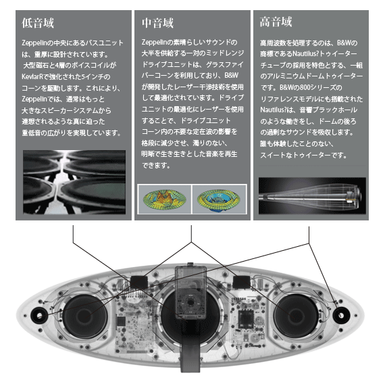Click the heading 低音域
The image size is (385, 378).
click(x=38, y=23)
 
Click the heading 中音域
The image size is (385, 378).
click(x=157, y=23)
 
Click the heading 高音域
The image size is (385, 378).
click(x=276, y=22)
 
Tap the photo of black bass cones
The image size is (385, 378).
click(x=74, y=182)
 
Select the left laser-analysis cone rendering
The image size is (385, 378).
click(x=165, y=199)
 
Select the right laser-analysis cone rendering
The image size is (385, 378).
click(x=220, y=199)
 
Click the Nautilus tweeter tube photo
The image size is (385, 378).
click(x=312, y=195)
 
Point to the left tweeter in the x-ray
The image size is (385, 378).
click(x=39, y=315)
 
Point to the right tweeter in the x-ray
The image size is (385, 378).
click(x=341, y=315)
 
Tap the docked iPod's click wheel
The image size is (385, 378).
click(x=190, y=302)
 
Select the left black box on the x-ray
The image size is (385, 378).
click(x=139, y=282)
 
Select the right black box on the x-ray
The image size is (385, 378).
click(x=241, y=282)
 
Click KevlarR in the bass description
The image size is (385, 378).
click(x=32, y=76)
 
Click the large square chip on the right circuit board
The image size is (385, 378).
click(x=246, y=319)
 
